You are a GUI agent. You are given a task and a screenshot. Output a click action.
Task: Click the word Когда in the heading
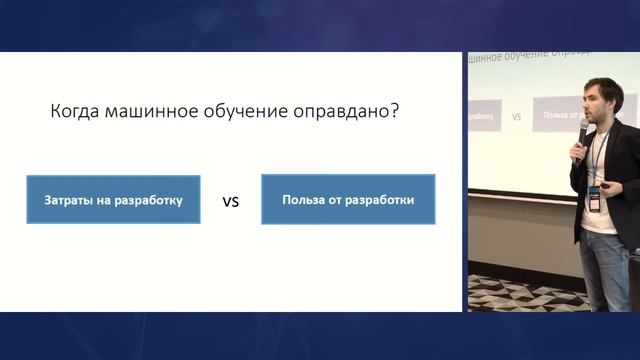click(x=75, y=112)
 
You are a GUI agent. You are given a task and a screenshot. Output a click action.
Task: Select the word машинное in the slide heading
click(x=149, y=112)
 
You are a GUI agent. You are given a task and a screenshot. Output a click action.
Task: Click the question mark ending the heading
click(x=395, y=112)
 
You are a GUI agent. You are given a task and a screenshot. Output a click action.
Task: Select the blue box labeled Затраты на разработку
click(x=113, y=200)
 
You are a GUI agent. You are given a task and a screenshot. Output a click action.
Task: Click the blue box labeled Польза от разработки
click(x=347, y=200)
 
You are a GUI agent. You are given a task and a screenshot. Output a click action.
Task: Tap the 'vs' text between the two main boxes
click(x=230, y=201)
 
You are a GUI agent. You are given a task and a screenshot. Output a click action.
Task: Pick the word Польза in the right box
click(x=303, y=200)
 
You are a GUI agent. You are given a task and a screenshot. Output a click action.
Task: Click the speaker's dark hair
click(x=600, y=84)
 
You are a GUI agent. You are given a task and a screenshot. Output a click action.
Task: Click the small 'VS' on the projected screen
click(x=516, y=117)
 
